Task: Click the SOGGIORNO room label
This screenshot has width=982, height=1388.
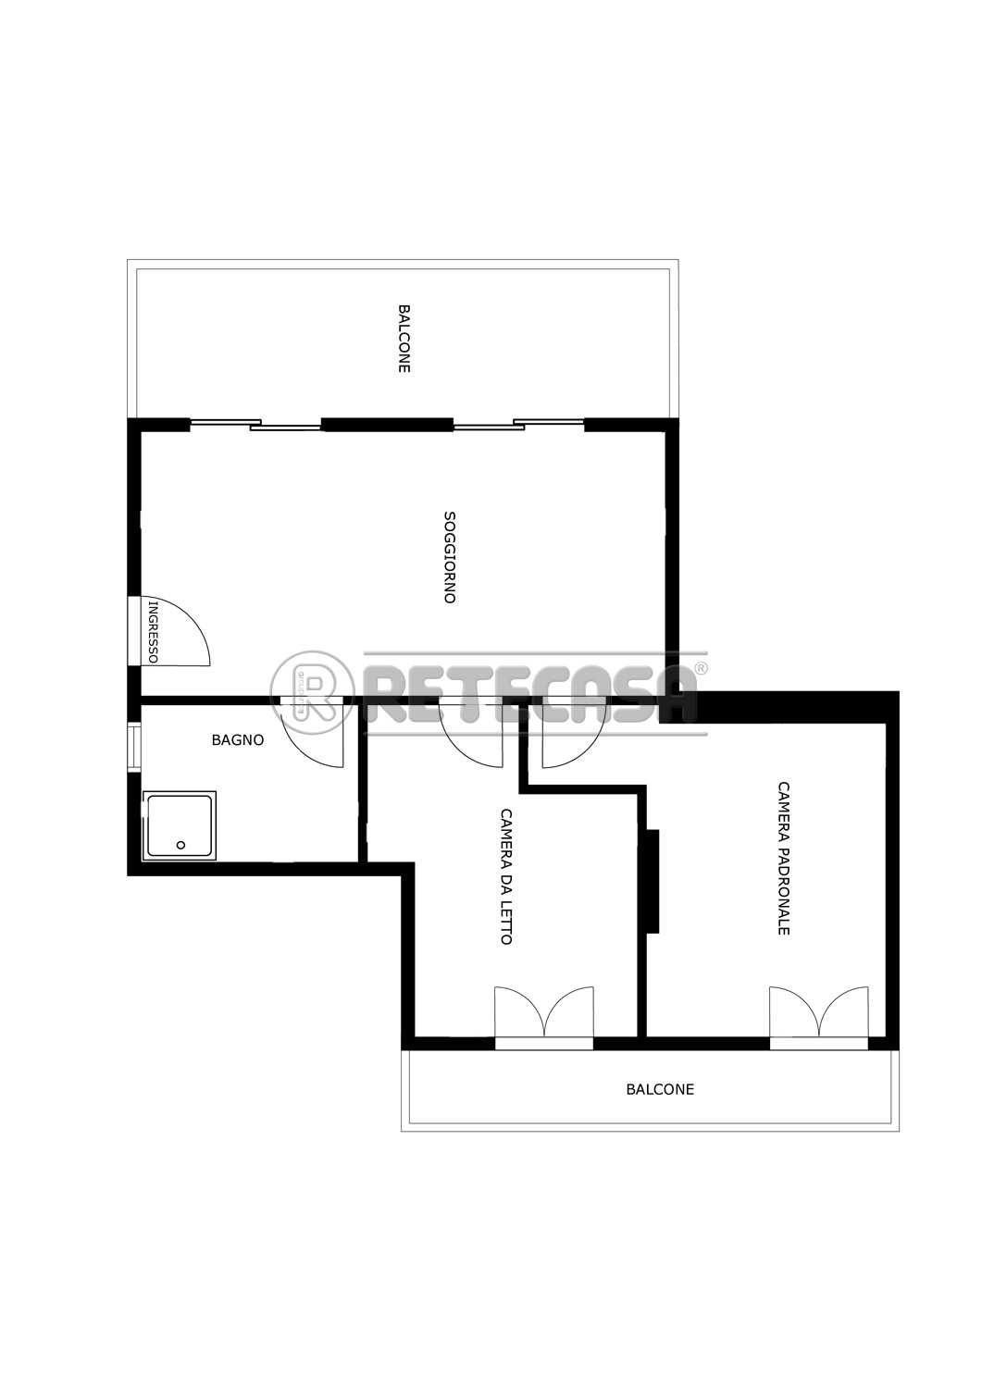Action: tap(450, 556)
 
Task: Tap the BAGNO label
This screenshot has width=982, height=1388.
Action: tap(238, 740)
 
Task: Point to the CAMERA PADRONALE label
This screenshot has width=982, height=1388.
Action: tap(784, 858)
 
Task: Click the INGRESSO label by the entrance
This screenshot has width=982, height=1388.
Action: tap(153, 632)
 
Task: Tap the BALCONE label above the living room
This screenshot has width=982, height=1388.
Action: tap(404, 339)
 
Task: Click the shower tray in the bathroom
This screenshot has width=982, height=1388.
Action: tap(180, 826)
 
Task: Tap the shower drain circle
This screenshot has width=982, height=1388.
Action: tap(181, 845)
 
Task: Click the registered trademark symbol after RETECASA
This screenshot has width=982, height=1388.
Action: tap(700, 668)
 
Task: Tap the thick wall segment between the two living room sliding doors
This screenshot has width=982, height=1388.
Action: tap(388, 425)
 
